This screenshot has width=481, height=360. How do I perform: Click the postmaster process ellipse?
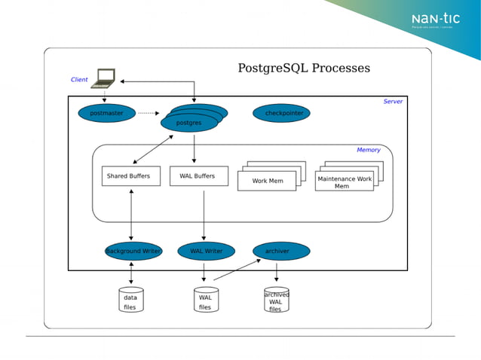(x=106, y=114)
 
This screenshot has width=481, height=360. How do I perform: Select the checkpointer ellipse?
(x=282, y=114)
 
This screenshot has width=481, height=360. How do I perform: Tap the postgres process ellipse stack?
(x=191, y=120)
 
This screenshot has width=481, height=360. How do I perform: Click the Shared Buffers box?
(x=130, y=176)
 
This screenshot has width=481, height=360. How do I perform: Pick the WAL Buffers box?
(x=198, y=176)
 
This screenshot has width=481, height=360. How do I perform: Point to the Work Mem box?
(x=267, y=181)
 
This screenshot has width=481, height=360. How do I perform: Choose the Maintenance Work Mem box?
(x=344, y=182)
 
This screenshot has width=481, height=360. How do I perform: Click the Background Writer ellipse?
(x=133, y=251)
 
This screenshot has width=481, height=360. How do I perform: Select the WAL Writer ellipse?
(x=206, y=251)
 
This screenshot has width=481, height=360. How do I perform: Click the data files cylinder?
(x=130, y=301)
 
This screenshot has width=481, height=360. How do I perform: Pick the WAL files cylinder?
(x=205, y=301)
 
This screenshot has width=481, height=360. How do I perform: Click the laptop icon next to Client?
(x=104, y=77)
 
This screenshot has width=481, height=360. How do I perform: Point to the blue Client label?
(x=79, y=80)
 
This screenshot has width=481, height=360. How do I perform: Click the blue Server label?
(x=393, y=102)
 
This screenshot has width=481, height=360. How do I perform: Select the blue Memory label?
(x=368, y=150)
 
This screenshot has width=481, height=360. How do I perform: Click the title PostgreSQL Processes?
(x=304, y=68)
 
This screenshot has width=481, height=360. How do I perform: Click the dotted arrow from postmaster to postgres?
(x=149, y=114)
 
